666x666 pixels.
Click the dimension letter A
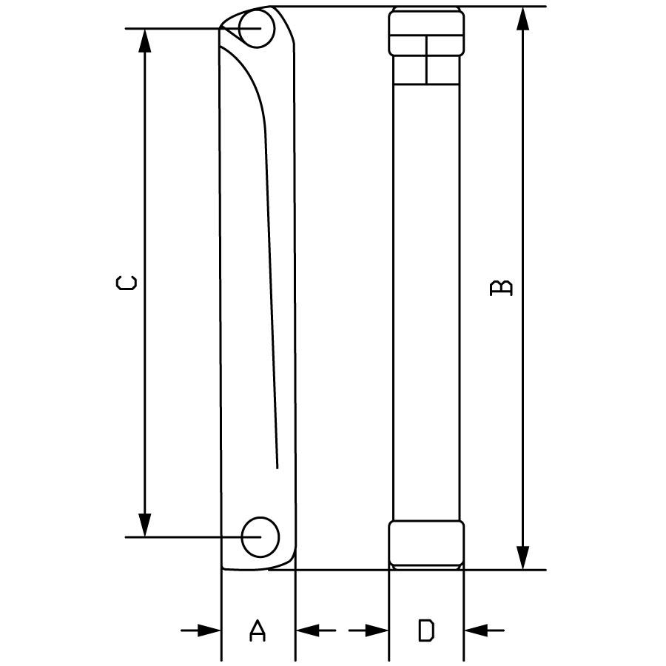click(257, 630)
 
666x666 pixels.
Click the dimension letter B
click(501, 288)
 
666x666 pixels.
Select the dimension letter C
click(127, 283)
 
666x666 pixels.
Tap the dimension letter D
click(426, 630)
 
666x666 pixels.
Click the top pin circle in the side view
click(257, 28)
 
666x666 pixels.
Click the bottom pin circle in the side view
click(260, 537)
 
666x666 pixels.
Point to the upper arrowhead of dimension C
click(145, 41)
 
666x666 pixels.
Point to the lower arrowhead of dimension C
click(145, 525)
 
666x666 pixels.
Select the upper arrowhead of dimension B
click(524, 18)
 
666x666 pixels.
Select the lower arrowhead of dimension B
click(524, 558)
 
